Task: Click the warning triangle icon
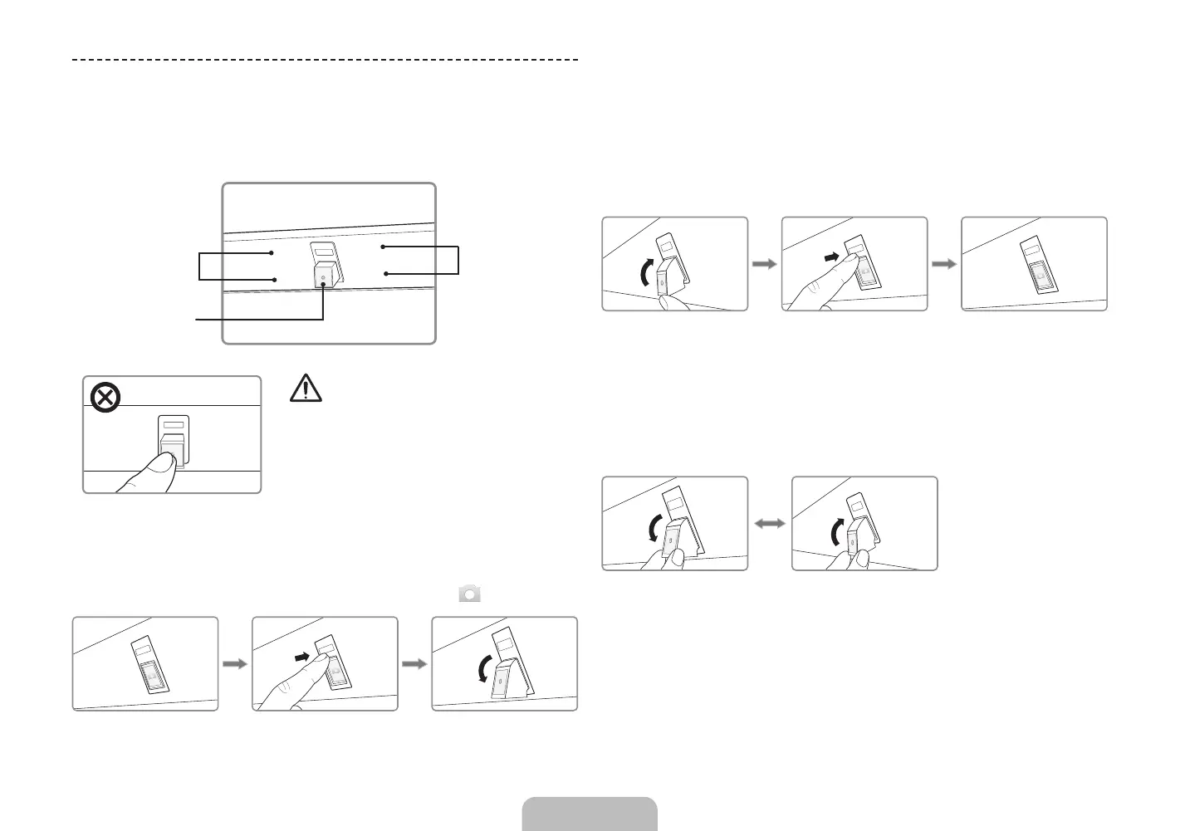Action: (x=306, y=389)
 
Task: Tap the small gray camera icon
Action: (x=469, y=594)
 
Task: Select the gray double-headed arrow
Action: (x=770, y=524)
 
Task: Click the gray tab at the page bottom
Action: (x=590, y=814)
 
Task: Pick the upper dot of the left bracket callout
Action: (x=272, y=252)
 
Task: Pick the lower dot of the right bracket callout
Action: (x=385, y=273)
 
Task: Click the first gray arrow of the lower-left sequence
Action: (x=236, y=664)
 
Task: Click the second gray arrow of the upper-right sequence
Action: (x=943, y=264)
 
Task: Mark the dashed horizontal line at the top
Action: (x=325, y=61)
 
